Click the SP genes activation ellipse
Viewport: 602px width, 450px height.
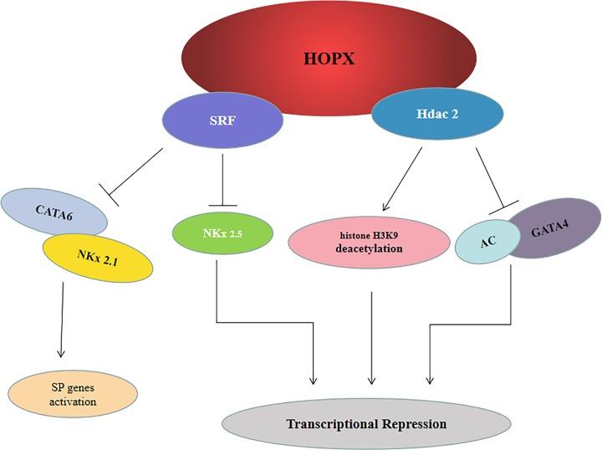coord(72,394)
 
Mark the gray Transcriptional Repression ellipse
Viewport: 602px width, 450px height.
coord(366,424)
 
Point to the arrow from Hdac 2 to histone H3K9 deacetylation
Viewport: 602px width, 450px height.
coord(402,181)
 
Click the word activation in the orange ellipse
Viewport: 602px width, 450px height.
coord(72,401)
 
